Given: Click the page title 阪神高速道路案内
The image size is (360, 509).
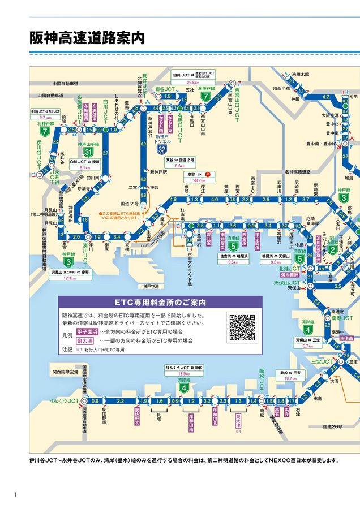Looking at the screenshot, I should pyautogui.click(x=87, y=38).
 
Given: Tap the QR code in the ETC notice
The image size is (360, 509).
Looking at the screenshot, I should pyautogui.click(x=242, y=327).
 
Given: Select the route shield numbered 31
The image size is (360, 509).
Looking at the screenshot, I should pyautogui.click(x=88, y=153).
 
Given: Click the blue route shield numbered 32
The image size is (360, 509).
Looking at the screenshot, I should pyautogui.click(x=162, y=150).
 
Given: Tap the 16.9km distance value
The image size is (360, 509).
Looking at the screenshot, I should pyautogui.click(x=184, y=374).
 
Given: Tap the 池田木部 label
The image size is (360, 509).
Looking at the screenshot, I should pyautogui.click(x=301, y=74).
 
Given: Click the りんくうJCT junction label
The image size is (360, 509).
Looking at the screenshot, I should pyautogui.click(x=63, y=400).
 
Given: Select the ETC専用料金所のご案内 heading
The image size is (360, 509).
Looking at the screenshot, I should pyautogui.click(x=160, y=302).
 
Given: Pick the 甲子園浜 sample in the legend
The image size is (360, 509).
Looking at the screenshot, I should pyautogui.click(x=87, y=331).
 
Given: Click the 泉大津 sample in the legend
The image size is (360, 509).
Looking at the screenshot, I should pyautogui.click(x=87, y=340).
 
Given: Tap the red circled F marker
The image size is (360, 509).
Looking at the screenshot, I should pyautogui.click(x=208, y=174).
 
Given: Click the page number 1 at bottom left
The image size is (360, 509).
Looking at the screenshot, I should pyautogui.click(x=15, y=495).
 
